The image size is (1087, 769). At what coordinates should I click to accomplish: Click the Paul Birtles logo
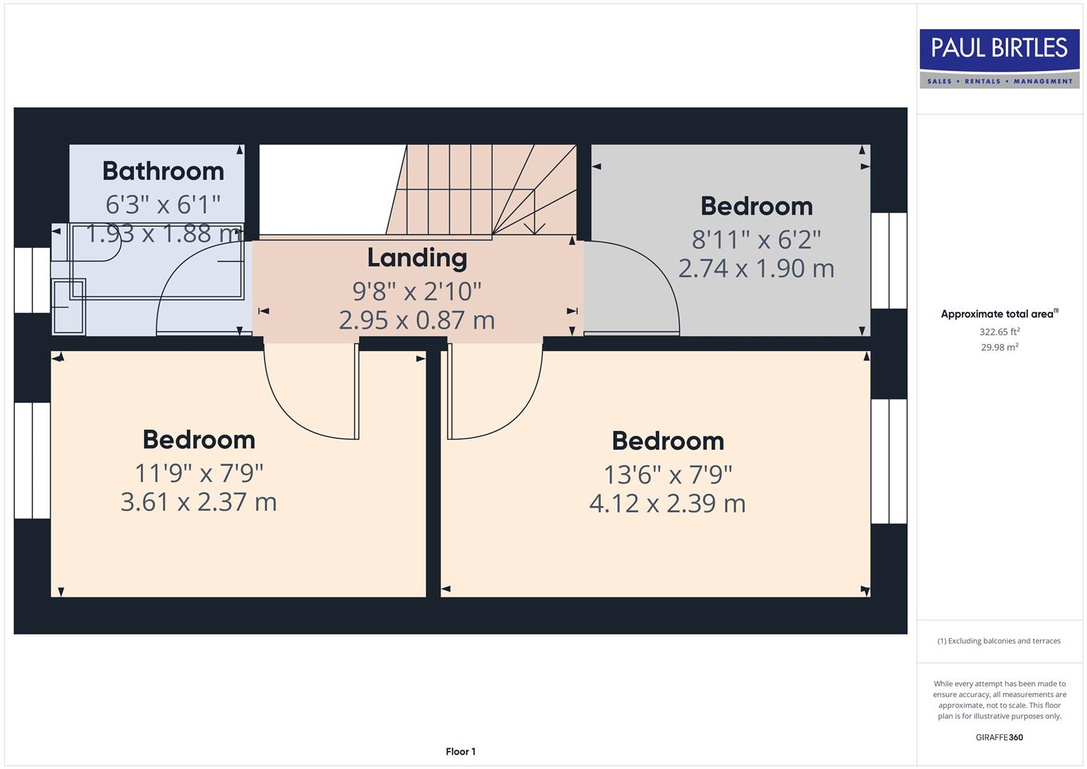coord(999,58)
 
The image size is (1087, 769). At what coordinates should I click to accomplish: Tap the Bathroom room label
coord(163,172)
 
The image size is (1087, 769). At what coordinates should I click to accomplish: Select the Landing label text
coord(417,258)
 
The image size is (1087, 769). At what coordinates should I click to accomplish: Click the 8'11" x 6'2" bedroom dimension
coord(756,239)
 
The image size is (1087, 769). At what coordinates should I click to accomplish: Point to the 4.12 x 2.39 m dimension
coord(667,503)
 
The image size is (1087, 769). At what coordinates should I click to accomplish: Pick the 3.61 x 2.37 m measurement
coord(199,502)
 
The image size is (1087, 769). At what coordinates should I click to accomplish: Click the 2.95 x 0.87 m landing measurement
coord(416,320)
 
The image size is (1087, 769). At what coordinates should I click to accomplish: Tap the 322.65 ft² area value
coord(999,332)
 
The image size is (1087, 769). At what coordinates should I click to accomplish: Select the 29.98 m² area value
coord(999,347)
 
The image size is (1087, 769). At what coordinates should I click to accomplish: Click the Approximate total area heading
coord(999,314)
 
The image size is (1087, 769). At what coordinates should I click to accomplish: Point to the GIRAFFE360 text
coord(999,737)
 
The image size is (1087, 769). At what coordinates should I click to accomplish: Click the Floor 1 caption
coord(461,751)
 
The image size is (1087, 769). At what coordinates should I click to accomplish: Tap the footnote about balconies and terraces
coord(999,641)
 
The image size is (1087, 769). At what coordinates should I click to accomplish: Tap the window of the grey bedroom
coord(888,261)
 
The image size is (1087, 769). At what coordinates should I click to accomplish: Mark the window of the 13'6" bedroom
coord(888,461)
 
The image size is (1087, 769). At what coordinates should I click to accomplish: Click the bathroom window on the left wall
coord(32,280)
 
